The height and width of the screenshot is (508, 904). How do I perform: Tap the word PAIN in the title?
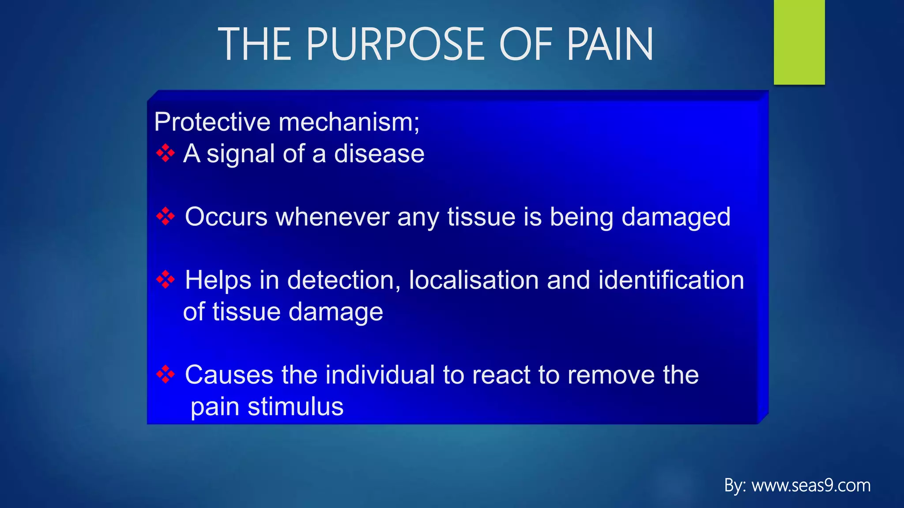(610, 44)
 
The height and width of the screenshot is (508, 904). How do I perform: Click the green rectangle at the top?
(799, 42)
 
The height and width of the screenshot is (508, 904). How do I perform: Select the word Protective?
(212, 122)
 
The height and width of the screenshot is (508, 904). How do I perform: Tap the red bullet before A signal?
(166, 153)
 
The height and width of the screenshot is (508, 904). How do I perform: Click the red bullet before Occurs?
(166, 216)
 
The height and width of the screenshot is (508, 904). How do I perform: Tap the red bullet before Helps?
(166, 279)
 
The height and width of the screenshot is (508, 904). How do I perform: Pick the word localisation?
(474, 280)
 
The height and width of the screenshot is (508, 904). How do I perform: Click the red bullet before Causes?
(166, 374)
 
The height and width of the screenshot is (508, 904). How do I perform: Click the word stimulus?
(295, 407)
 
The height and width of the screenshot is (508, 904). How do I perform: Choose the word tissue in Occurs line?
(481, 217)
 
